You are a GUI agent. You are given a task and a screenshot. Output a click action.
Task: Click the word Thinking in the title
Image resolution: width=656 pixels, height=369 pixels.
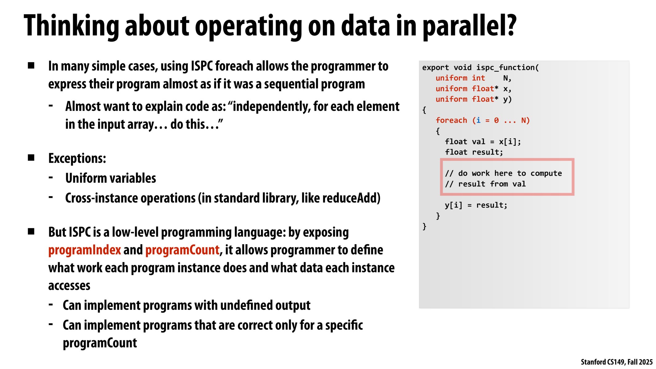[71, 26]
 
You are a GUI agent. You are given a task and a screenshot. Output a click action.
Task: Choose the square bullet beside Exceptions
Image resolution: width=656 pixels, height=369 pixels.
[31, 158]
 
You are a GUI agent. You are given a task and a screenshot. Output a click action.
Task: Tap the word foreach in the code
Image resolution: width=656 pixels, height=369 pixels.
[451, 120]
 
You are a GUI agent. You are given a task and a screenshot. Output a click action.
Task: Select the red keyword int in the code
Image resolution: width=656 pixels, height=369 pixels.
[478, 78]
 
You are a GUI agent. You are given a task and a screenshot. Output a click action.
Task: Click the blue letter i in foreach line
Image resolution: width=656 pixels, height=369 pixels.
[478, 120]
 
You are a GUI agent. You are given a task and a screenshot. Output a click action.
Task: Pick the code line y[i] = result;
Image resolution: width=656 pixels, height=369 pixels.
[476, 205]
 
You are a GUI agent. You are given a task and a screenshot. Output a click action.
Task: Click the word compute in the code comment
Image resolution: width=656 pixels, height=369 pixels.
[546, 173]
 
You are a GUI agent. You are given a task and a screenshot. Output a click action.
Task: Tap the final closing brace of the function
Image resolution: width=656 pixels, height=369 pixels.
[424, 227]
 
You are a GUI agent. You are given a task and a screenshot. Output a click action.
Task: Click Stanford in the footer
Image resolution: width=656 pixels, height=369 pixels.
[593, 362]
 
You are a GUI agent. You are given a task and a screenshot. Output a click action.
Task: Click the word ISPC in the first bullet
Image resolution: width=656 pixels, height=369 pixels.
[202, 66]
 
